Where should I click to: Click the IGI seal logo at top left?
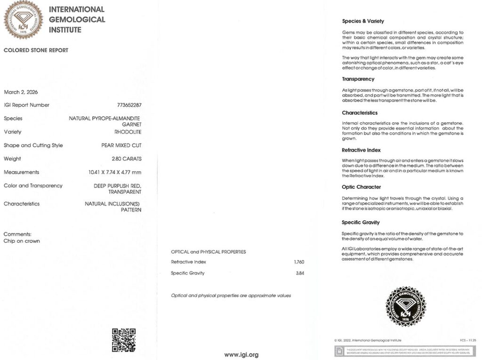23,20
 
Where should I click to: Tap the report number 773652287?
129,105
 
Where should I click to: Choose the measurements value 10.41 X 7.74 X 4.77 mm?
115,172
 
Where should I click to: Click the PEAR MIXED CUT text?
121,145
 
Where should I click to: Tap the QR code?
124,340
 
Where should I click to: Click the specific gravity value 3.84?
299,273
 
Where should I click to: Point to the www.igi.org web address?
241,354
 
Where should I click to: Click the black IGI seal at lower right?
405,306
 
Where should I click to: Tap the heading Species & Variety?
363,21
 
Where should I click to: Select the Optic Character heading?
361,187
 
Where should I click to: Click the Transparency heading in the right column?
358,79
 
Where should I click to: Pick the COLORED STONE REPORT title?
36,50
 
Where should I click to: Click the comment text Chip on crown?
22,241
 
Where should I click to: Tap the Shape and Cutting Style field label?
33,145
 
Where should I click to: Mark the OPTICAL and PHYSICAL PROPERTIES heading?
208,252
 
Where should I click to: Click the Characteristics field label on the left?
22,204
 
